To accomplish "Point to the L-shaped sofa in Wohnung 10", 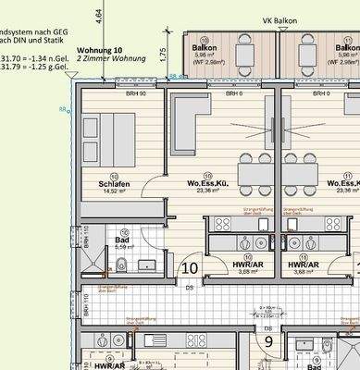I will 187,122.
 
